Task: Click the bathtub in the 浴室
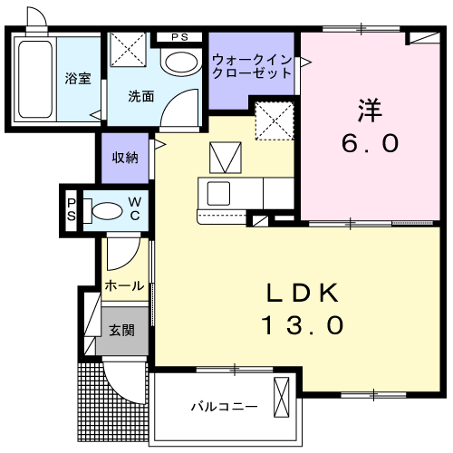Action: coord(35,80)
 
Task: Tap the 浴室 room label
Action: coord(78,78)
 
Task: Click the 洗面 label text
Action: coord(141,97)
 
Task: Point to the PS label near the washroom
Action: coord(180,37)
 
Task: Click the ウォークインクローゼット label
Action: coord(252,67)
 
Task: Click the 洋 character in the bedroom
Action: coord(370,111)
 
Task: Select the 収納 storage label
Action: coord(125,158)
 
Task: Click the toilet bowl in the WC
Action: coord(107,211)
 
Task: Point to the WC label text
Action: coord(135,208)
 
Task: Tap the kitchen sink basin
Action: coord(218,194)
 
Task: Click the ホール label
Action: coord(124,285)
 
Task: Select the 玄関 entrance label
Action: coord(121,330)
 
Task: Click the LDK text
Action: coord(303,293)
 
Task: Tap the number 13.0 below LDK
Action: coord(303,324)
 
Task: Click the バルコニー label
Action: coord(225,407)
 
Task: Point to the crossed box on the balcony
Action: coord(282,397)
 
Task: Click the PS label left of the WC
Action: coord(72,210)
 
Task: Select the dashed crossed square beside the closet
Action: coord(275,120)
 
